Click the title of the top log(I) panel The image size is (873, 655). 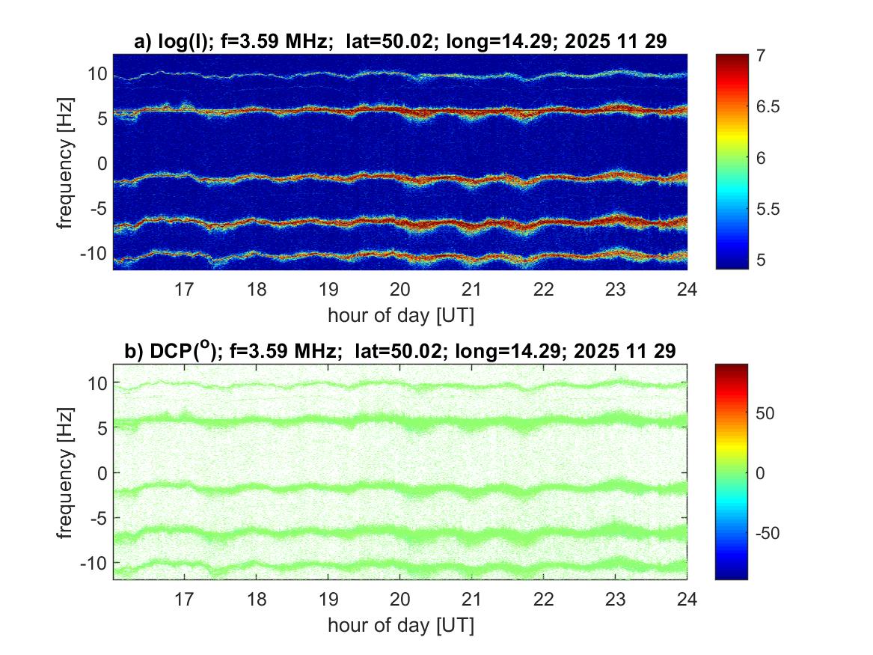[400, 43]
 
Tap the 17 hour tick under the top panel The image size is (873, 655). [184, 290]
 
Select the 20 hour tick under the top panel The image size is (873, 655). [400, 290]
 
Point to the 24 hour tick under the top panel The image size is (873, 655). [687, 290]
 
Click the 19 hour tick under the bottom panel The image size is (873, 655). [328, 599]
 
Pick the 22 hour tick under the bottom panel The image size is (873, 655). [544, 599]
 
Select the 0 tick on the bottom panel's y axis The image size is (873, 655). [104, 473]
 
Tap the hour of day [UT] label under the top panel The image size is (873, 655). [400, 314]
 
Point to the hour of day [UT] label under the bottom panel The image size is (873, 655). [400, 624]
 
